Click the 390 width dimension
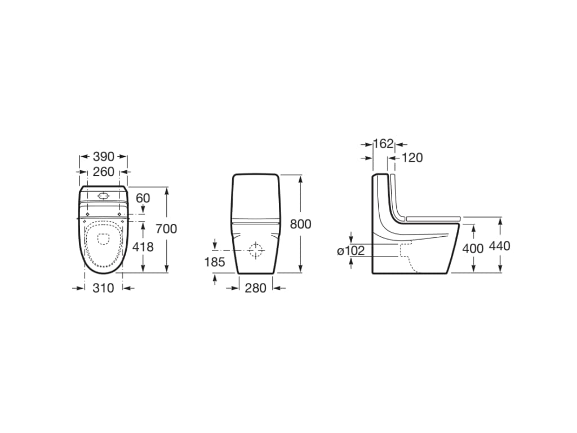[x=103, y=157]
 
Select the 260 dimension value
[x=103, y=171]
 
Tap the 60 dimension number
[x=143, y=198]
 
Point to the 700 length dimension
[x=166, y=228]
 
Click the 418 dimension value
[x=143, y=247]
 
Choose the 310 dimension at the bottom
[x=103, y=288]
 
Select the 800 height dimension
[x=300, y=224]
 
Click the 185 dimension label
[x=215, y=262]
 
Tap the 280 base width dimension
[x=256, y=288]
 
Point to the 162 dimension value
[x=383, y=144]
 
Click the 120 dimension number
[x=412, y=158]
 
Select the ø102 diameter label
[x=351, y=251]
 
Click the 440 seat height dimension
[x=500, y=246]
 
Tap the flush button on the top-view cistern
[x=103, y=196]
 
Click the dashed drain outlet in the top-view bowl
[x=103, y=238]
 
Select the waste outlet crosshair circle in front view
[x=256, y=249]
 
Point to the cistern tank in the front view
[x=256, y=197]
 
